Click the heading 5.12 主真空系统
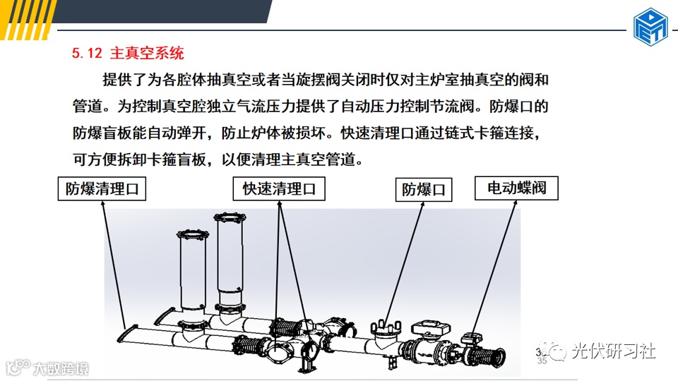click(x=128, y=53)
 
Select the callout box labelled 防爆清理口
click(x=102, y=189)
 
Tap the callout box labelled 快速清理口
click(x=279, y=189)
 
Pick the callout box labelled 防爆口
click(x=424, y=190)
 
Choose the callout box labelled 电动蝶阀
click(x=516, y=188)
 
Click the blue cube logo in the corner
click(x=650, y=27)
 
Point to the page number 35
click(x=542, y=361)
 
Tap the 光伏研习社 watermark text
click(x=613, y=351)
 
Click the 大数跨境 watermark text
click(x=61, y=368)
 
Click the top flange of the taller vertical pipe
click(x=230, y=217)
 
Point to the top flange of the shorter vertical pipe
click(x=193, y=235)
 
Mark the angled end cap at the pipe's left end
click(x=128, y=334)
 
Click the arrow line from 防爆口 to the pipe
click(x=404, y=263)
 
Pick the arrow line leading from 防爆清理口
click(x=114, y=265)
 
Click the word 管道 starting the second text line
click(x=88, y=107)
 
